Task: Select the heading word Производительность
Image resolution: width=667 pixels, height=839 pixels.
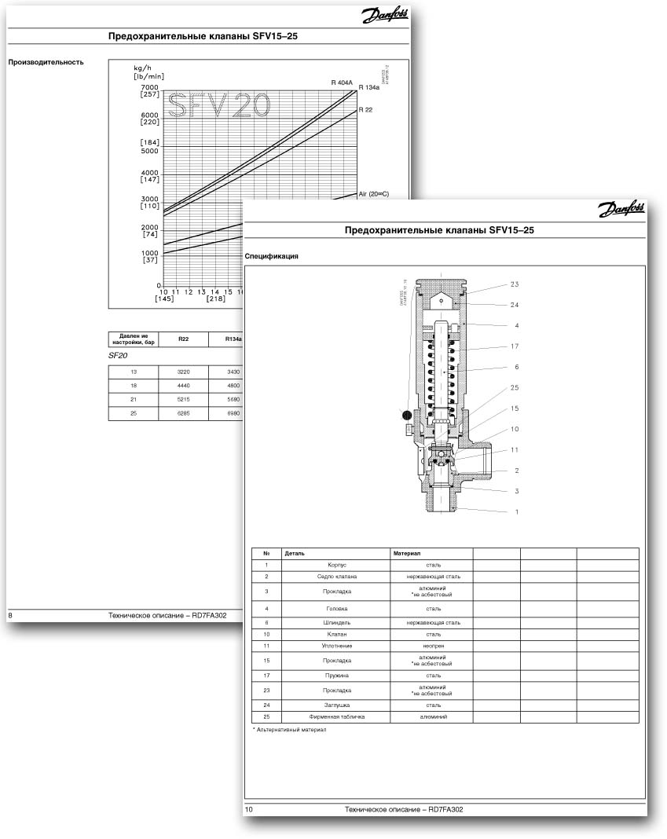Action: (46, 62)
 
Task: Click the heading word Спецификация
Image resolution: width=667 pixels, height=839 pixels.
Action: (272, 256)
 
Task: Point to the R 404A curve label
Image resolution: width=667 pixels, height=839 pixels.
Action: (343, 82)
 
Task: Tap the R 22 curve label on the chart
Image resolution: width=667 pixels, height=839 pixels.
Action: (365, 110)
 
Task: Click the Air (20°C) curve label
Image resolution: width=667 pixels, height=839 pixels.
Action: (373, 193)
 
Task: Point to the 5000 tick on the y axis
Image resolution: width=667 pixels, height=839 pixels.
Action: (149, 151)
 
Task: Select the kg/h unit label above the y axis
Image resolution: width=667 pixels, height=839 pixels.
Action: (142, 69)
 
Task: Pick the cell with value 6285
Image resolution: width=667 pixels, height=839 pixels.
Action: (183, 412)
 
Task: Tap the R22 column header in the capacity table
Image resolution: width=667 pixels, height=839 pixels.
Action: (183, 339)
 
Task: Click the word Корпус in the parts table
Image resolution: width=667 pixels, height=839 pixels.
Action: (337, 565)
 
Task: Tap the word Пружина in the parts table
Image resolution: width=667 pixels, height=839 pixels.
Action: (337, 675)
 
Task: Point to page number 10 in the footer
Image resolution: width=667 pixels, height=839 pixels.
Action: (249, 809)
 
